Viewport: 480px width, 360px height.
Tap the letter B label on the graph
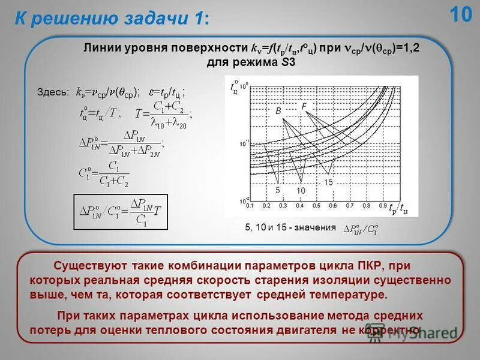(278, 112)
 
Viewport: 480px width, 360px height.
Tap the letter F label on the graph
(304, 107)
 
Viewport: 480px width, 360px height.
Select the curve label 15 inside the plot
(328, 181)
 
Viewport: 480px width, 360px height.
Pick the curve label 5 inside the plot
(278, 190)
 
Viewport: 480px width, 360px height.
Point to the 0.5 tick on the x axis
(316, 205)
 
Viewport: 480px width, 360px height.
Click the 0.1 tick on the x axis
(250, 205)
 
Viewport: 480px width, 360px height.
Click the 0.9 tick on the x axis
(382, 205)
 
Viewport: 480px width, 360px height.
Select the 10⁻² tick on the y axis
(242, 200)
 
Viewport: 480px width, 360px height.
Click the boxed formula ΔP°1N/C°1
(120, 212)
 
